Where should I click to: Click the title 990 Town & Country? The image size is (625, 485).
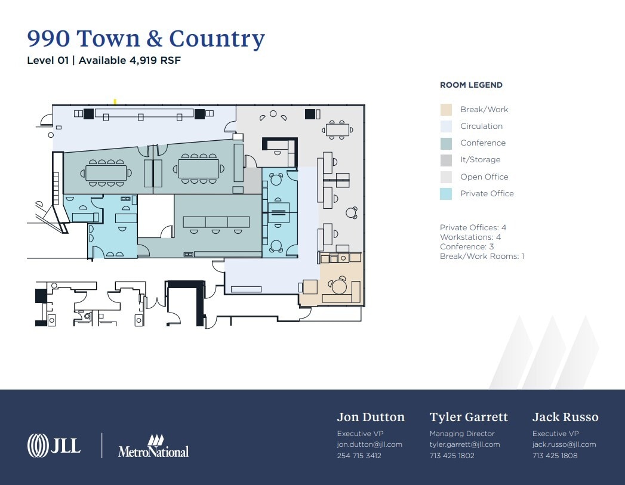pos(146,39)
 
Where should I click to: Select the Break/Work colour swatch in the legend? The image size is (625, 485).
pos(446,110)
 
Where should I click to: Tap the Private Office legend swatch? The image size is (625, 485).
pos(446,194)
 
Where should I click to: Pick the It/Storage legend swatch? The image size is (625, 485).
pos(446,160)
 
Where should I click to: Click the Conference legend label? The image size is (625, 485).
pos(482,143)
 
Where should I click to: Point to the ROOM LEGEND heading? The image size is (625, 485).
pos(471,85)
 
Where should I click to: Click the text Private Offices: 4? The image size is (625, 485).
pos(473,228)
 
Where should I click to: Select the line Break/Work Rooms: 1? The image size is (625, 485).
pos(482,257)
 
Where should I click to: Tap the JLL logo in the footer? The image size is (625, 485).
pos(54,445)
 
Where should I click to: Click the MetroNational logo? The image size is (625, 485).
pos(153,447)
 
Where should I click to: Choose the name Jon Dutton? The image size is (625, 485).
pos(371,417)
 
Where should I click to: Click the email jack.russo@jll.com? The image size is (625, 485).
pos(564,444)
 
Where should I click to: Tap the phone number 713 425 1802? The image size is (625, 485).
pos(451,456)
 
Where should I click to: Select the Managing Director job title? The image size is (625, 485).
pos(462,434)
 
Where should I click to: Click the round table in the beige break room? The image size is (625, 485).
pos(340,287)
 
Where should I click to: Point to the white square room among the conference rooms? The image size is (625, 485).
pos(155,215)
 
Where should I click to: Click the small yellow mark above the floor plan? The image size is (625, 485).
pos(115,102)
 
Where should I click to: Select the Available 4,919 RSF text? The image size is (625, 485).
pos(130,60)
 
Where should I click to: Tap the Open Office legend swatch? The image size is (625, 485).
pos(446,177)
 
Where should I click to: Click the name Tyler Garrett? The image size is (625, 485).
pos(469,417)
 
